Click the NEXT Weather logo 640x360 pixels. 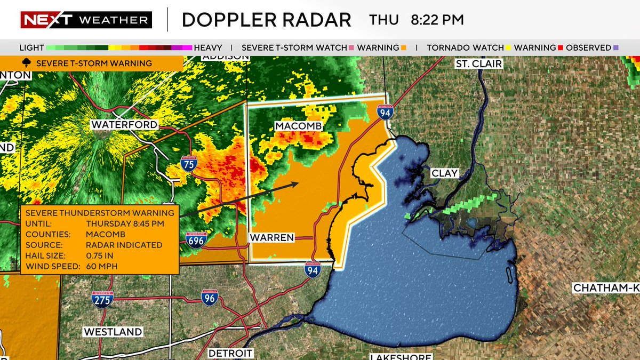pyautogui.click(x=86, y=20)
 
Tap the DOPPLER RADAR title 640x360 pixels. pyautogui.click(x=266, y=20)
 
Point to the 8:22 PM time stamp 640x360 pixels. pyautogui.click(x=437, y=20)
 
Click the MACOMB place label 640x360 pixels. pyautogui.click(x=299, y=125)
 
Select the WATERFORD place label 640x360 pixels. pyautogui.click(x=125, y=124)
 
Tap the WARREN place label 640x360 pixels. pyautogui.click(x=273, y=237)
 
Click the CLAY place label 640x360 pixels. pyautogui.click(x=444, y=173)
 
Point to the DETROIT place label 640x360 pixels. pyautogui.click(x=230, y=353)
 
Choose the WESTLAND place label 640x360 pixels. pyautogui.click(x=113, y=332)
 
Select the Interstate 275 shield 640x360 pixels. pyautogui.click(x=102, y=299)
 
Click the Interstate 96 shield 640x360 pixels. pyautogui.click(x=210, y=298)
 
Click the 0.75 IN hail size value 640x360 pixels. pyautogui.click(x=100, y=255)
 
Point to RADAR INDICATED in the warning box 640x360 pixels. pyautogui.click(x=124, y=245)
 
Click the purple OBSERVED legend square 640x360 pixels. pyautogui.click(x=616, y=47)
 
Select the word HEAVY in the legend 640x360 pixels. pyautogui.click(x=208, y=47)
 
